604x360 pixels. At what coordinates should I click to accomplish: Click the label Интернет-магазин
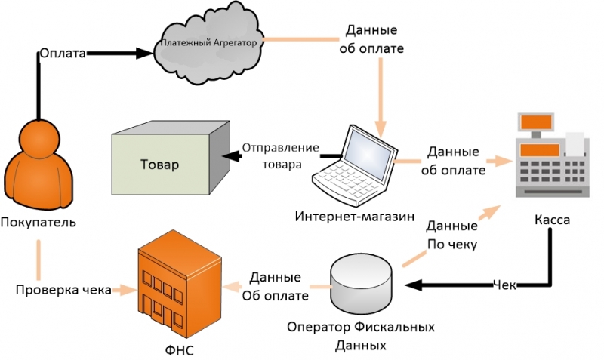pyautogui.click(x=354, y=217)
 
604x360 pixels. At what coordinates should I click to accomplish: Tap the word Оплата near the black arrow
pyautogui.click(x=63, y=53)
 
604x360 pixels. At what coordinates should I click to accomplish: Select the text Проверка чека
pyautogui.click(x=64, y=289)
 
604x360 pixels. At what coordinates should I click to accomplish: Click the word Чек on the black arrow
pyautogui.click(x=504, y=285)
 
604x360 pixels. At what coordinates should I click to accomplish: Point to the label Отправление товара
pyautogui.click(x=280, y=155)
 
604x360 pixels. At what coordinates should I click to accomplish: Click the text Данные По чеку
pyautogui.click(x=451, y=235)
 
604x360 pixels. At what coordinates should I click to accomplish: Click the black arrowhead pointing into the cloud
pyautogui.click(x=146, y=53)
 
